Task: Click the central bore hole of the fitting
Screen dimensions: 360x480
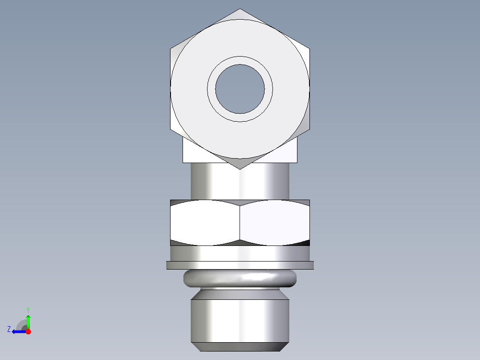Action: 240,89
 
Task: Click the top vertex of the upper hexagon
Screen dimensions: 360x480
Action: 240,9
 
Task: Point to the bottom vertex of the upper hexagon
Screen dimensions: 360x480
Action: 240,169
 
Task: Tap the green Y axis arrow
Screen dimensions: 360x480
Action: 28,320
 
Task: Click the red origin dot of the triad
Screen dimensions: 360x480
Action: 28,331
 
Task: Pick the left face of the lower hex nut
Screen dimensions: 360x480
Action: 205,222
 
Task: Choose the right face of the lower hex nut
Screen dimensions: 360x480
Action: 274,222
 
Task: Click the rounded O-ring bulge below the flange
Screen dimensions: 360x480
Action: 240,278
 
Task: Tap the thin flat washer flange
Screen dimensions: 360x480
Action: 240,265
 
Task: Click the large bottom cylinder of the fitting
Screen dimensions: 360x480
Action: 240,321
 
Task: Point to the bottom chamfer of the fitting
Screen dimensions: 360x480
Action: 240,347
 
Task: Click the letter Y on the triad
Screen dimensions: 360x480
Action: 28,309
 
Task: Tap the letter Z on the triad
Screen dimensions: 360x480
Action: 9,329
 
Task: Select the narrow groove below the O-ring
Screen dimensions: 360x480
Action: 240,289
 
